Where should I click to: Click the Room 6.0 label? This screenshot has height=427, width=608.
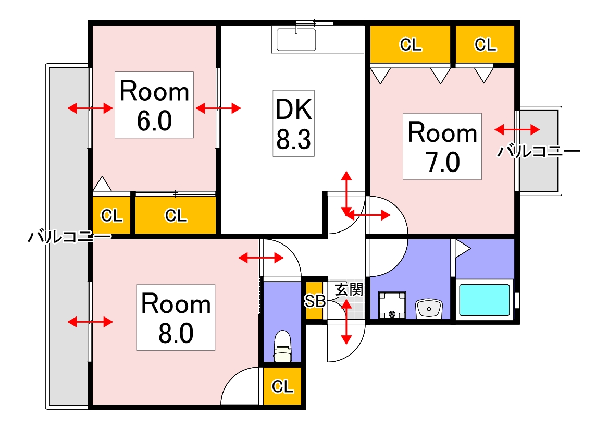(x=154, y=105)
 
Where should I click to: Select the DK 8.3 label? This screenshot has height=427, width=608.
(x=293, y=124)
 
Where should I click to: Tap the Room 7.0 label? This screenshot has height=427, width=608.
(x=442, y=147)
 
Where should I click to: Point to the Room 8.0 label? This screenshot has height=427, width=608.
(x=176, y=318)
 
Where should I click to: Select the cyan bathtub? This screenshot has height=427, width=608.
(x=485, y=299)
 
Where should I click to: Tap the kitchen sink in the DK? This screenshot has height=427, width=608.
(x=296, y=40)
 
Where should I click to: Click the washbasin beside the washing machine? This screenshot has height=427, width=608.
(x=429, y=309)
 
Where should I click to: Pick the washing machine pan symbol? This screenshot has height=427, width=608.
(x=392, y=305)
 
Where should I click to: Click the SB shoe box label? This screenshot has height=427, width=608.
(x=315, y=300)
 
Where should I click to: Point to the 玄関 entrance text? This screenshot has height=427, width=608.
(x=349, y=289)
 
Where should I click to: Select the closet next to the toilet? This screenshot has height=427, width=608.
(x=282, y=386)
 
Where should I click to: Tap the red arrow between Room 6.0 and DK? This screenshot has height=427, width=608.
(x=218, y=108)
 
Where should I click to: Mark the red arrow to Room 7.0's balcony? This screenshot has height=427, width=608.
(x=517, y=129)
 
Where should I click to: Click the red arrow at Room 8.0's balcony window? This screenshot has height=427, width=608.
(x=90, y=321)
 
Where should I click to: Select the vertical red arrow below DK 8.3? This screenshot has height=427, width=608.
(x=346, y=193)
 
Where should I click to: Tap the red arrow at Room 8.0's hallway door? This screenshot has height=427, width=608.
(x=261, y=258)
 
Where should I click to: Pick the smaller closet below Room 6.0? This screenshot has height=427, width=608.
(x=111, y=215)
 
